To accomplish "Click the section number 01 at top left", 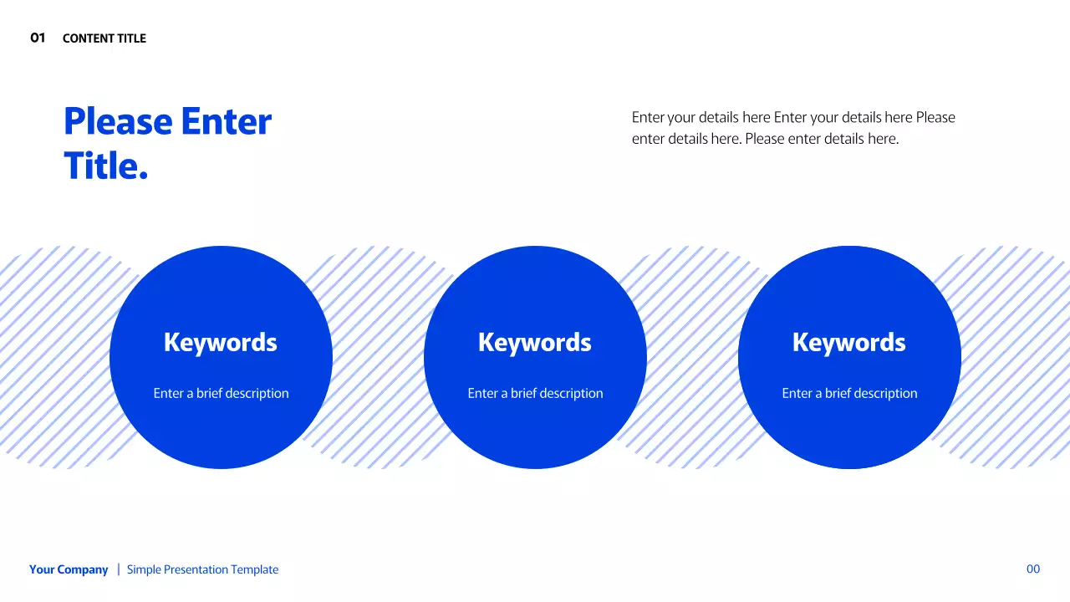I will point(38,38).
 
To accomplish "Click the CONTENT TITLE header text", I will point(104,38).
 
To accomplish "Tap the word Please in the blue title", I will point(118,122).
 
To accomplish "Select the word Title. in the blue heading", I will point(105,166).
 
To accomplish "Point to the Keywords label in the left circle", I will point(221,343).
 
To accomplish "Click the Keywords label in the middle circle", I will point(535,343).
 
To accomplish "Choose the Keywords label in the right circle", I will point(849,343).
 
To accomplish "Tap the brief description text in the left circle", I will point(221,393).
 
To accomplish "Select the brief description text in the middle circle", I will point(535,393).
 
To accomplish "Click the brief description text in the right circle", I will point(849,393).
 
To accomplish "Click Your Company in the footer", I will point(69,569).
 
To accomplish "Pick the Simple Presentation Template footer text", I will point(202,569).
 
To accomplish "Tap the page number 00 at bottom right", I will point(1033,569).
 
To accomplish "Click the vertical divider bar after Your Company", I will point(118,569).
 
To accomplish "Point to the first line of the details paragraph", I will point(793,117).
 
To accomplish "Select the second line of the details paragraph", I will point(765,139).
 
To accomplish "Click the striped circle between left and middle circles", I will point(378,358).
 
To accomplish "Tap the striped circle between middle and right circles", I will point(692,358).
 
